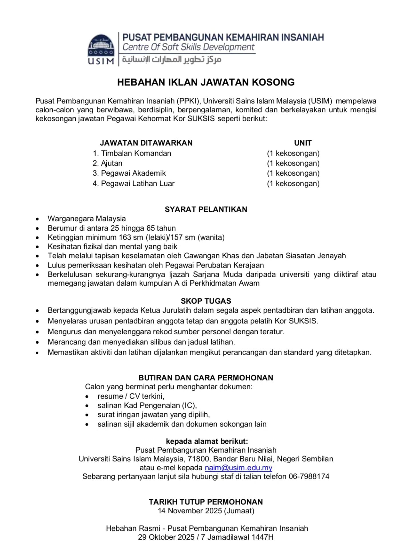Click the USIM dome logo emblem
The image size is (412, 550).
tap(101, 46)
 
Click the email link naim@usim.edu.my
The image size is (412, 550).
tap(238, 467)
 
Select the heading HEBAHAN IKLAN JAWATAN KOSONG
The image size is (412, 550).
tap(206, 82)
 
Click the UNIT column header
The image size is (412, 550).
tap(303, 143)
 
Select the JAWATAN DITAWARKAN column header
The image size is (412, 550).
tap(146, 143)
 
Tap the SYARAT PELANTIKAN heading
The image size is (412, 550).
tap(206, 209)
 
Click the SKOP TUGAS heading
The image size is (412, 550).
tap(206, 301)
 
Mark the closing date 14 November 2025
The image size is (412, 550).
tap(190, 511)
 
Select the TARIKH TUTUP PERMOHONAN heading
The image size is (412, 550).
tap(206, 502)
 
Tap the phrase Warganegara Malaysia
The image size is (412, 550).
tap(87, 219)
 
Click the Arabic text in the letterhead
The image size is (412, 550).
tap(172, 60)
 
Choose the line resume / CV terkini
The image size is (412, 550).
tap(131, 396)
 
